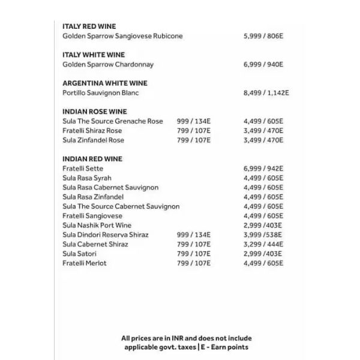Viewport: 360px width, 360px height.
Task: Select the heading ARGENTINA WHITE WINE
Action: pos(104,83)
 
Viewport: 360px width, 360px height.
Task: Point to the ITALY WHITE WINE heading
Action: pos(93,55)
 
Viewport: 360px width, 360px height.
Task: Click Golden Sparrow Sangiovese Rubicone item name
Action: pos(122,36)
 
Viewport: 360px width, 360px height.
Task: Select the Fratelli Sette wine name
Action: pos(83,169)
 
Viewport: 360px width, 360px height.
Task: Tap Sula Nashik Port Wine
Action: pos(97,225)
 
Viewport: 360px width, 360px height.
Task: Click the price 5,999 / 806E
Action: pos(263,36)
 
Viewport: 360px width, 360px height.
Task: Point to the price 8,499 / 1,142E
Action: pos(266,93)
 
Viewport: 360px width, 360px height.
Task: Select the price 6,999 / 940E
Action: pos(263,64)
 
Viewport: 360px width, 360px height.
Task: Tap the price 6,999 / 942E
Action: pos(263,169)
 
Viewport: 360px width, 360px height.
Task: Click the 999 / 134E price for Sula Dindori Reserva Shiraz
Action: pos(194,235)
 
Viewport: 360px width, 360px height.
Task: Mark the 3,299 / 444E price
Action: pos(263,244)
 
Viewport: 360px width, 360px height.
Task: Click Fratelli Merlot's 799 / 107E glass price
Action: pos(194,263)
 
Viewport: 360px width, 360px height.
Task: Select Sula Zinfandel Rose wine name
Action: pos(93,140)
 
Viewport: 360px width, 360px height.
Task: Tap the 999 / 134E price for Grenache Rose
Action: pos(194,121)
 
